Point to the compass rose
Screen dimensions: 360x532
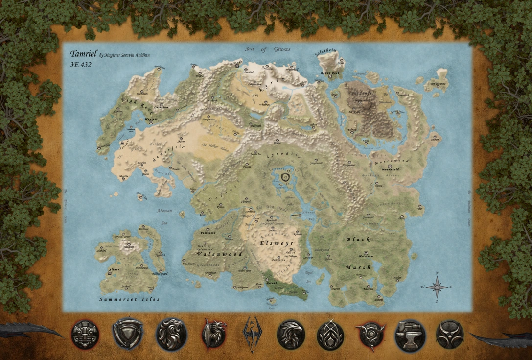pos(437,287)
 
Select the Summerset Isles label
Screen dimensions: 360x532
pos(129,299)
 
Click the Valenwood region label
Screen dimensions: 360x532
pos(213,254)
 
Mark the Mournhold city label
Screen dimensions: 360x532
pos(390,169)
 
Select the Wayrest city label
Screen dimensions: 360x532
pos(151,118)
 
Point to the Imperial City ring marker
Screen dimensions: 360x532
pos(286,177)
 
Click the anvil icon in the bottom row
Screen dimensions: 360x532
pos(410,335)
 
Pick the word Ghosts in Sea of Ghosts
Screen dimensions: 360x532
pos(282,49)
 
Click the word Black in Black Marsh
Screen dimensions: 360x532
pos(358,240)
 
